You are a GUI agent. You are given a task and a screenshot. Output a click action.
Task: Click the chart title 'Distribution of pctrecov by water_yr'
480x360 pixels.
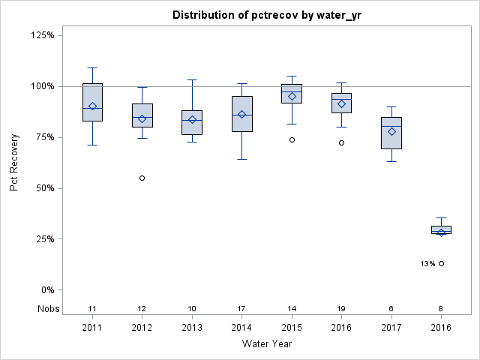point(266,15)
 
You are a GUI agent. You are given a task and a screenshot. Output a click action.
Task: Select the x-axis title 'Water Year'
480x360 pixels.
point(266,344)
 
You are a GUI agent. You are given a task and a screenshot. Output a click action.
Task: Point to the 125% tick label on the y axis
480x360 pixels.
point(46,35)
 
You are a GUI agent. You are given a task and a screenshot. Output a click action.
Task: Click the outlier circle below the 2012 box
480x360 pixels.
point(142,178)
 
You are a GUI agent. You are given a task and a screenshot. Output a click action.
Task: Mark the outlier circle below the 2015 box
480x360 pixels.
point(292,139)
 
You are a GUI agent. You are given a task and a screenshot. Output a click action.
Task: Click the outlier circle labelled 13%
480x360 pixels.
point(441,263)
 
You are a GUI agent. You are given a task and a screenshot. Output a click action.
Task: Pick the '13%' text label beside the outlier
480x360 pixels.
point(427,264)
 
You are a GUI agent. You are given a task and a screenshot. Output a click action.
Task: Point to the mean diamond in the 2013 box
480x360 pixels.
point(192,120)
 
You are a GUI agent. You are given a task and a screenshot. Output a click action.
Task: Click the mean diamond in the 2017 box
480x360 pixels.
point(391,131)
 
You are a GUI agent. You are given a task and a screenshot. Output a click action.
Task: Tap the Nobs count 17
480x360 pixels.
point(241,309)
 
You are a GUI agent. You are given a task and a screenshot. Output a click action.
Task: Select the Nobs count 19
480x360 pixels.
point(341,309)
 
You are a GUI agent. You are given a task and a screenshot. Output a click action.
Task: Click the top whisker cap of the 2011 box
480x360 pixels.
point(92,67)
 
